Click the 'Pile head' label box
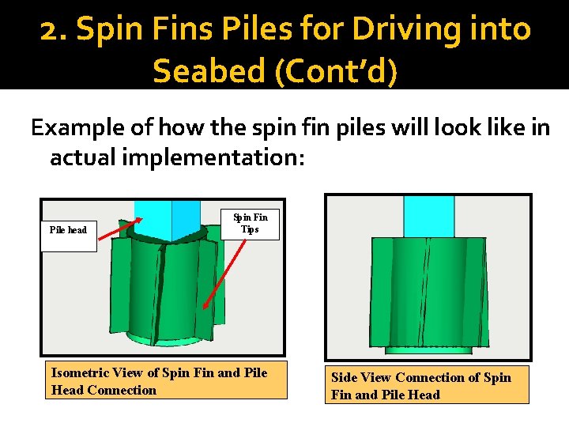68,230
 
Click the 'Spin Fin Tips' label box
250,223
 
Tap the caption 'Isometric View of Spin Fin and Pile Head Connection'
165,381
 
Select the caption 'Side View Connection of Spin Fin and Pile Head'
428,386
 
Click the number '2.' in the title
54,30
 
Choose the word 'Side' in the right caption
345,377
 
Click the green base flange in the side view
428,348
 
